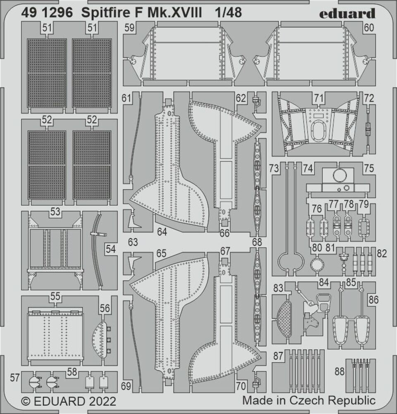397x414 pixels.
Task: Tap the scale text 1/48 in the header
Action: click(x=228, y=13)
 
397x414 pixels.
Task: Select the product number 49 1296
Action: click(x=46, y=13)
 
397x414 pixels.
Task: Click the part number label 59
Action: click(x=129, y=28)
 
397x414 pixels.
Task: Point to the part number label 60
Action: click(x=369, y=28)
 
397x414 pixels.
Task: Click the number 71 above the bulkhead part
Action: click(x=318, y=98)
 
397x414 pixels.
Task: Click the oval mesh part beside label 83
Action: click(x=283, y=318)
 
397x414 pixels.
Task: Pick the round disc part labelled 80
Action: click(x=317, y=264)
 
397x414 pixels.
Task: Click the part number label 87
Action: click(x=278, y=356)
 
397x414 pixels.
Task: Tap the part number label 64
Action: click(x=162, y=232)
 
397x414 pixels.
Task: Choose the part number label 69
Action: click(x=127, y=386)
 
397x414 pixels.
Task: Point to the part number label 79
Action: click(x=364, y=204)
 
